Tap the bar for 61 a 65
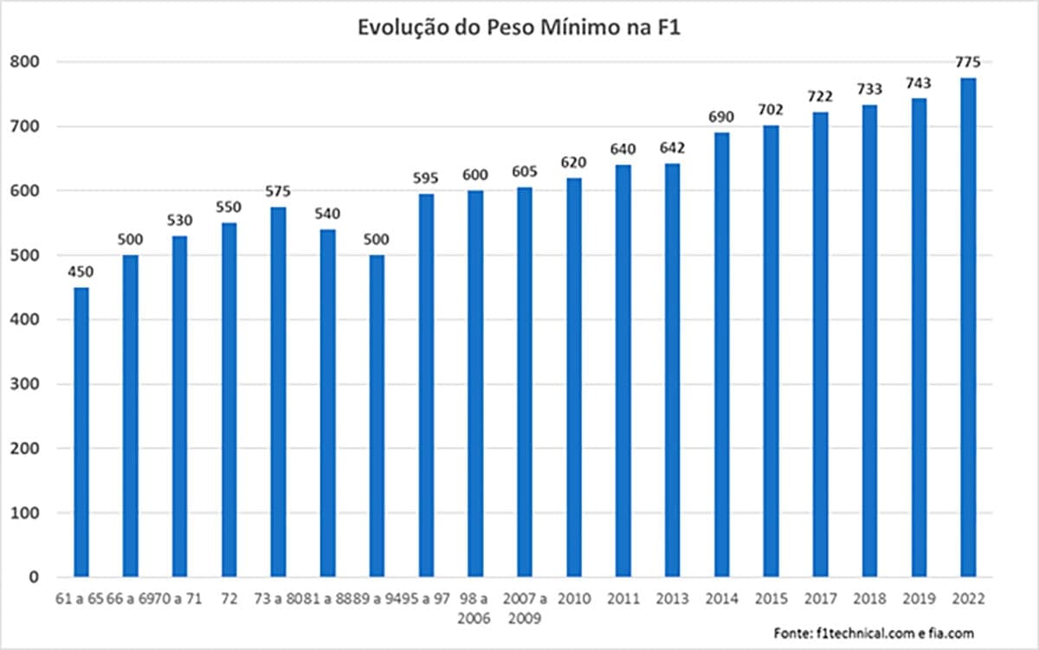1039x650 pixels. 81,432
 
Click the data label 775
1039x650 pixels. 968,62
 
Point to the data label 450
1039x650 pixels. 81,272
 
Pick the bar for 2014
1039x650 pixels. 721,355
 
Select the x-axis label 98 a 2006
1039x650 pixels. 475,607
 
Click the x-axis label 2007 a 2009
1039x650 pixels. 525,607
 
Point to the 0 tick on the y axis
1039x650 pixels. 34,577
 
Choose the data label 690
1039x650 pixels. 721,117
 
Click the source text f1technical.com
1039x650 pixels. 866,634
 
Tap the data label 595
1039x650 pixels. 426,178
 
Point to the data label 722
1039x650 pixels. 820,96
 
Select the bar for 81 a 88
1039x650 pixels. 327,402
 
